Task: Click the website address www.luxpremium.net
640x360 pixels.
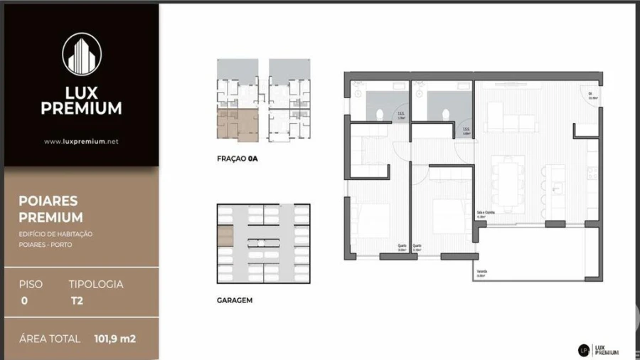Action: pyautogui.click(x=81, y=142)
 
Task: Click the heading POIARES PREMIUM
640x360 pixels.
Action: pyautogui.click(x=50, y=209)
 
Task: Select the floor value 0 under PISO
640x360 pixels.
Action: pyautogui.click(x=24, y=300)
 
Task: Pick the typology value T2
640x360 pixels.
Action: pyautogui.click(x=77, y=300)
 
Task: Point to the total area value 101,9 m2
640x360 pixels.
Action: pyautogui.click(x=114, y=339)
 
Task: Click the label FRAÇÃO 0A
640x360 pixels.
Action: pyautogui.click(x=237, y=159)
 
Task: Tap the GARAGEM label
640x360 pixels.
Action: pyautogui.click(x=235, y=300)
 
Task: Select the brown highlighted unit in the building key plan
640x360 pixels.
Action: pyautogui.click(x=238, y=125)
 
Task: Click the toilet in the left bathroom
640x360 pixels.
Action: pyautogui.click(x=381, y=115)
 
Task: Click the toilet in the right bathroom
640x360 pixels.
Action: pyautogui.click(x=446, y=115)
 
